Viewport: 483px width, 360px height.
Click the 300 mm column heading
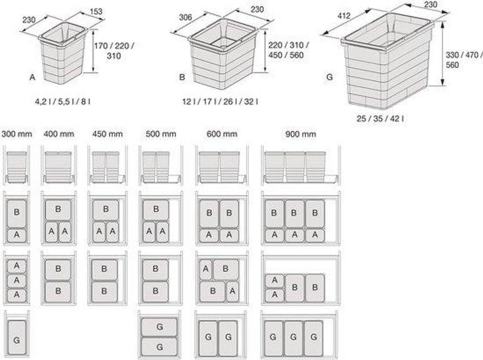coord(17,134)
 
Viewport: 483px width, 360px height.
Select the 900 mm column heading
coord(300,134)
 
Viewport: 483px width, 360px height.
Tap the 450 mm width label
coord(108,134)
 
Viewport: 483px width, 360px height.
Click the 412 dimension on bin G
coord(344,16)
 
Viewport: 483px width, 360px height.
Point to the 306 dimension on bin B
coord(185,17)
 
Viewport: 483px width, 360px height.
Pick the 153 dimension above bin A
coord(96,12)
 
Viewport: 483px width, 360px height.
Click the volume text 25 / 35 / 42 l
coord(381,118)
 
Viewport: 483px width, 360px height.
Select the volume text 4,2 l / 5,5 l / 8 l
coord(63,101)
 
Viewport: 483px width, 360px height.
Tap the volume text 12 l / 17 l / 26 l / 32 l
coord(220,101)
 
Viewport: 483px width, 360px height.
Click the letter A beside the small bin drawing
coord(33,77)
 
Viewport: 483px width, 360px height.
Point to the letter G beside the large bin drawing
coord(330,77)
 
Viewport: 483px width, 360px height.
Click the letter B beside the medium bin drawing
coord(182,77)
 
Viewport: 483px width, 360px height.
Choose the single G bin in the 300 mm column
coord(17,337)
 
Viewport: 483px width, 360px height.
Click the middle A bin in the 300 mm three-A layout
coord(17,280)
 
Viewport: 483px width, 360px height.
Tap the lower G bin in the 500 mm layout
coord(159,347)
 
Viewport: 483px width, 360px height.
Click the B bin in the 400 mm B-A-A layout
coord(58,209)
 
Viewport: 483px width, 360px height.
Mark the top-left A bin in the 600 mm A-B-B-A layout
coord(206,269)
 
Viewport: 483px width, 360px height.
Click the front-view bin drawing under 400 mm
coord(58,167)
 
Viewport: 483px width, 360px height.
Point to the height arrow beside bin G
coord(442,53)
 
